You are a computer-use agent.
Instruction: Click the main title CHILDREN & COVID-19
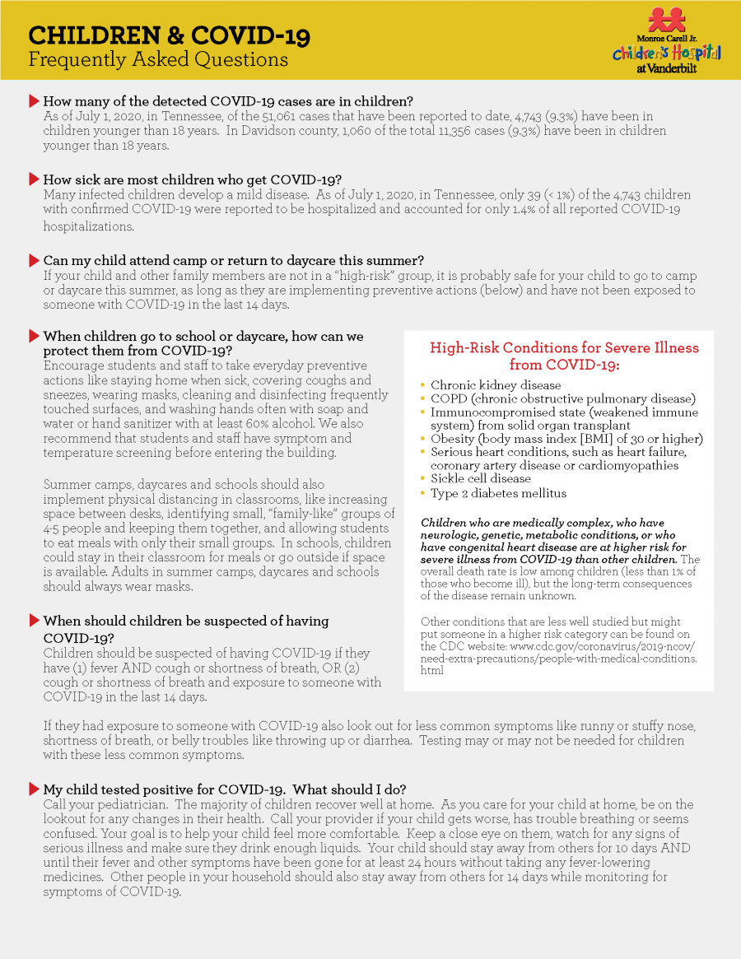pyautogui.click(x=169, y=35)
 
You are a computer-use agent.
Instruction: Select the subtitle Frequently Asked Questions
pyautogui.click(x=158, y=60)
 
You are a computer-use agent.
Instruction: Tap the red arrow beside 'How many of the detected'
pyautogui.click(x=34, y=101)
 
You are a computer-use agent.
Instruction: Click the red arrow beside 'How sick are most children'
pyautogui.click(x=34, y=179)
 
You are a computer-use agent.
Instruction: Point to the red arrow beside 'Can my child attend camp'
pyautogui.click(x=34, y=260)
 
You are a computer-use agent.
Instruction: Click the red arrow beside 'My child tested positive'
pyautogui.click(x=34, y=789)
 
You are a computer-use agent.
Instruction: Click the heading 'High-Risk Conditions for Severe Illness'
pyautogui.click(x=564, y=348)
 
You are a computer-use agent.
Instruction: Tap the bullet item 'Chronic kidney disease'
pyautogui.click(x=496, y=384)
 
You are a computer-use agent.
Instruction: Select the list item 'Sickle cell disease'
pyautogui.click(x=481, y=478)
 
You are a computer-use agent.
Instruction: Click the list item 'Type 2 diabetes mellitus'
pyautogui.click(x=498, y=493)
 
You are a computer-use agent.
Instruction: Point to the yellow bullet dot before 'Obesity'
pyautogui.click(x=423, y=439)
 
